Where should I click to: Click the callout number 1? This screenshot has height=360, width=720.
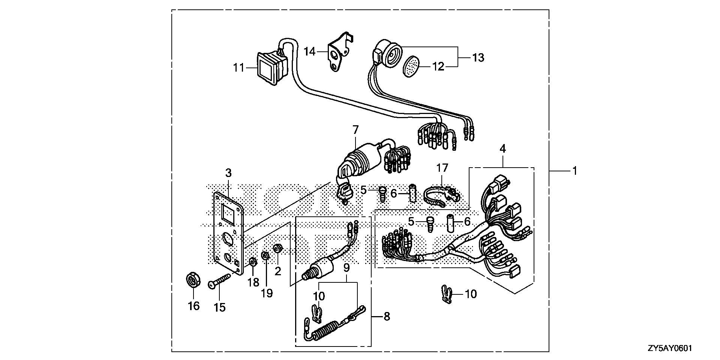(x=574, y=171)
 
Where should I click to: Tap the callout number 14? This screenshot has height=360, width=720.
(x=310, y=51)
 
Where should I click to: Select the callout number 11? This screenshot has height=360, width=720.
(x=238, y=68)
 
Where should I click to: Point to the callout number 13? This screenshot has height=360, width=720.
(x=478, y=58)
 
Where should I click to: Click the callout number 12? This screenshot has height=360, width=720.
(x=438, y=67)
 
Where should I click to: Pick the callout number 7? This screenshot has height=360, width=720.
(x=355, y=130)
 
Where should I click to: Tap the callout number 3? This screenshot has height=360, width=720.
(x=228, y=173)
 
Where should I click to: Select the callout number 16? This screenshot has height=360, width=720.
(x=193, y=306)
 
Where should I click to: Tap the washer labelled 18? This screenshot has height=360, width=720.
(x=253, y=261)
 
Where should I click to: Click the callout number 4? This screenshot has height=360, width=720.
(x=502, y=149)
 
